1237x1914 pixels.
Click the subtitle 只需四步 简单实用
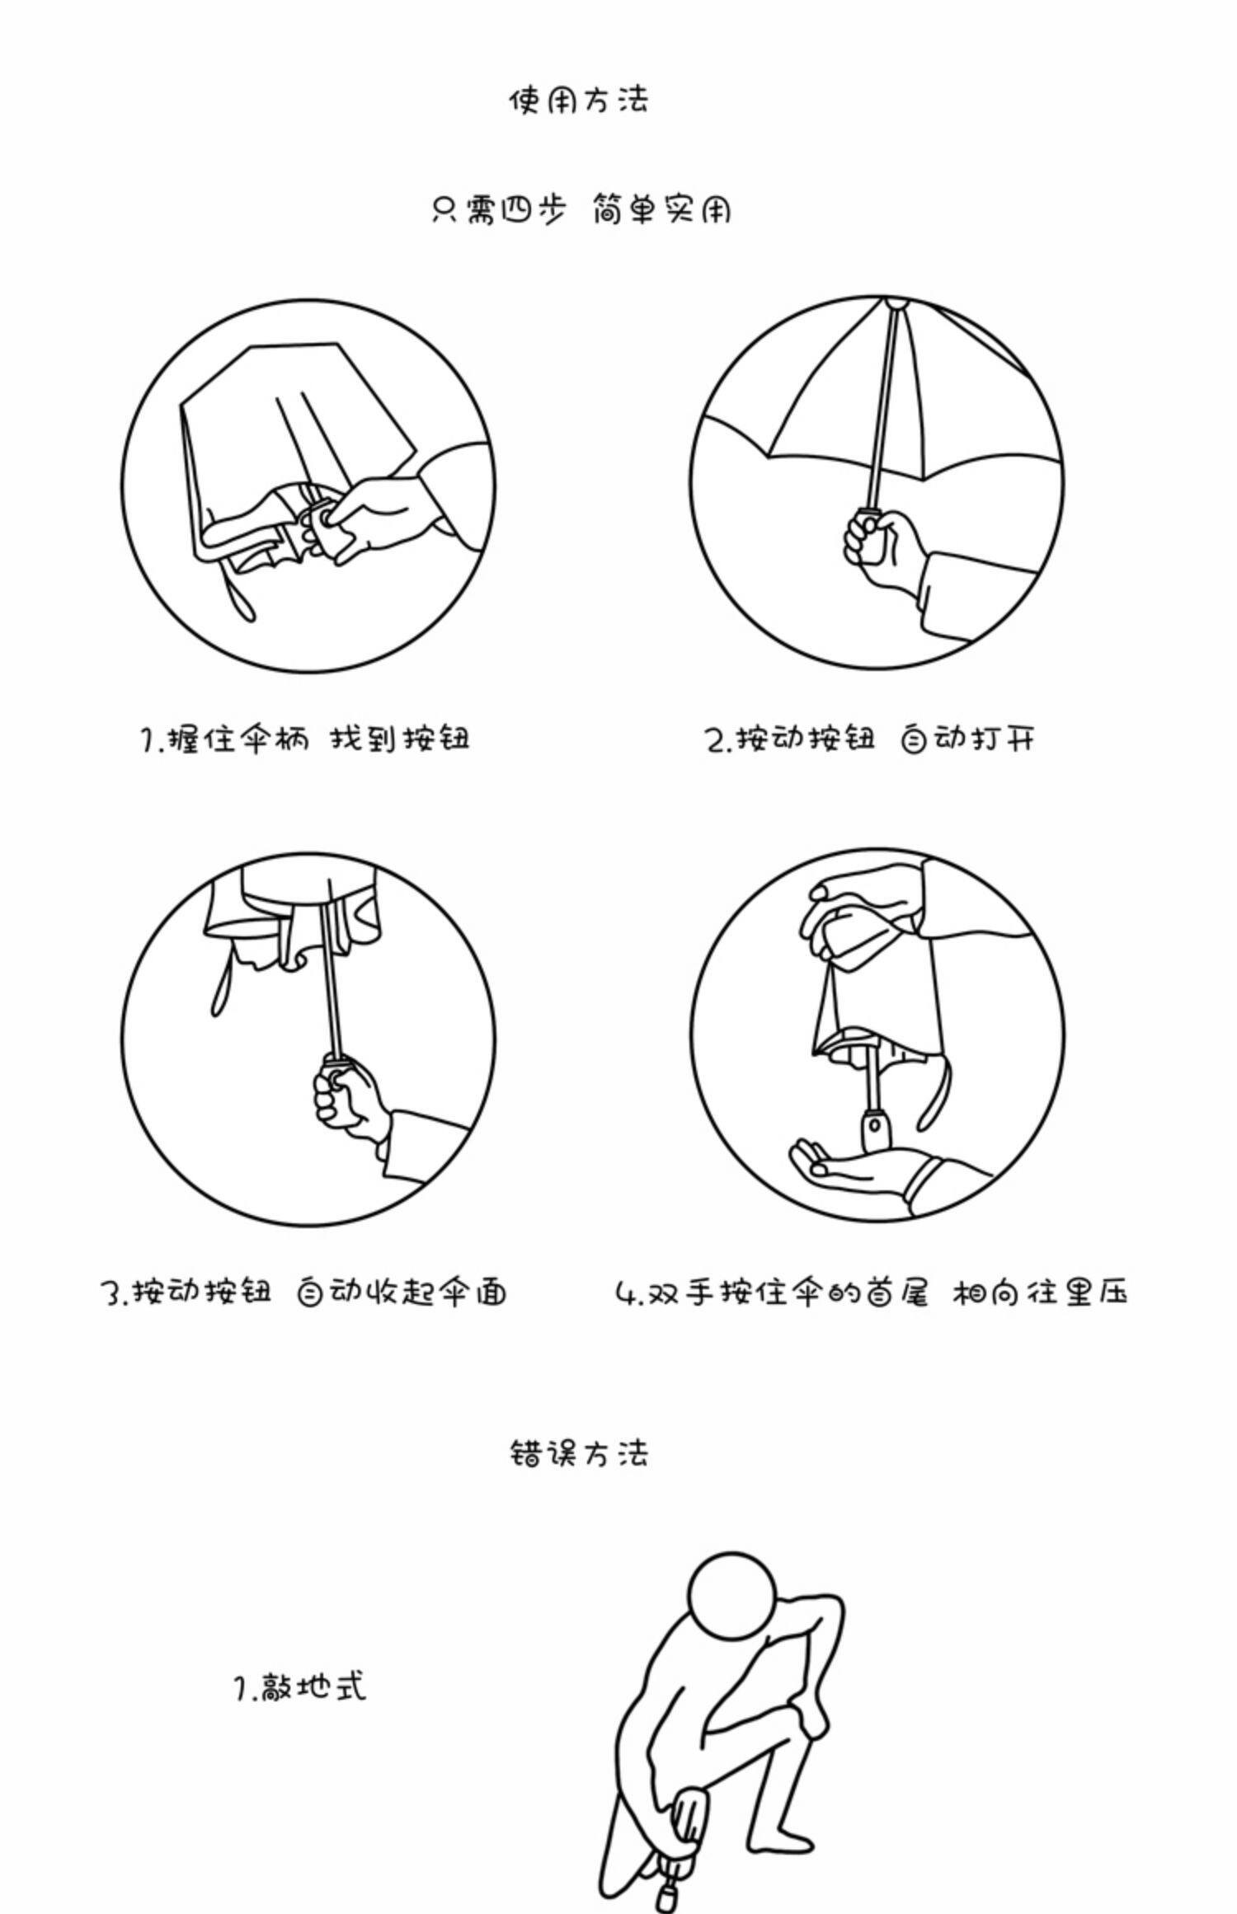(581, 210)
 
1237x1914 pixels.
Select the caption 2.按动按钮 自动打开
(870, 739)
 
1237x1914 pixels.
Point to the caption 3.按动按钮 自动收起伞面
(304, 1292)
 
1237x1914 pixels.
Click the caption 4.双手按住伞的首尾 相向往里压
(872, 1292)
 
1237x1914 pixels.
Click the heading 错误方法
(579, 1452)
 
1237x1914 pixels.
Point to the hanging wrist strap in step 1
(239, 589)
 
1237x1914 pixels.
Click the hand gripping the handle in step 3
(350, 1096)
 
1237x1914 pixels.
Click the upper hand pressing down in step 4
(858, 911)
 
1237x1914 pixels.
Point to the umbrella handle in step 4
(874, 1129)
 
